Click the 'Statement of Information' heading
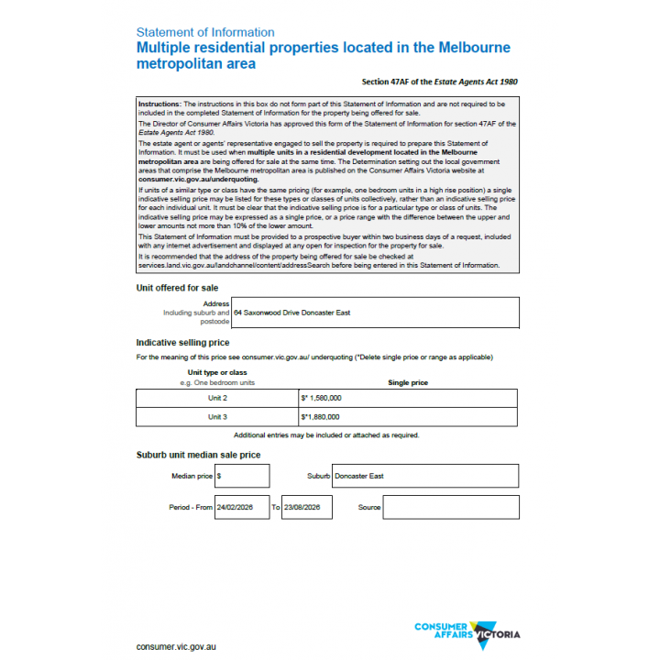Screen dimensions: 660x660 [204, 32]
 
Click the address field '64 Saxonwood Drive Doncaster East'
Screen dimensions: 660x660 [374, 313]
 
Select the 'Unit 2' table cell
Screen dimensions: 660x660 [217, 399]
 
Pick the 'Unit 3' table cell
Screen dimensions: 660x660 [217, 417]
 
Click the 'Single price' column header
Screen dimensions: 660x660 [407, 382]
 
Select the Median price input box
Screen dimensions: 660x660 [242, 476]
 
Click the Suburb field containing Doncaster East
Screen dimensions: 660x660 [424, 476]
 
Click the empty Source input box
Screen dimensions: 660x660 [450, 507]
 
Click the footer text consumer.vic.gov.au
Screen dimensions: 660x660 [176, 646]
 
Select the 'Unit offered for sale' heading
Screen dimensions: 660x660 [177, 287]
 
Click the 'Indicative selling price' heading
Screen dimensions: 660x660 [182, 343]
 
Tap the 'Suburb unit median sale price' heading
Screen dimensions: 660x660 [198, 455]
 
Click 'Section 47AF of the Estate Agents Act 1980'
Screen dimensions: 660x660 [439, 82]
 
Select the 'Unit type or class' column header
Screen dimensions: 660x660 [217, 372]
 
